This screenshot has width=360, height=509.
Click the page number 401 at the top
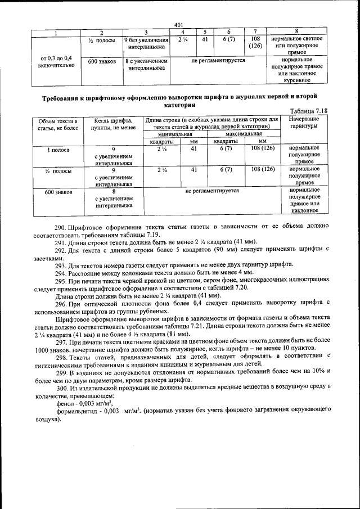click(179, 24)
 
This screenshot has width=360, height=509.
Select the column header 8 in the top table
click(296, 31)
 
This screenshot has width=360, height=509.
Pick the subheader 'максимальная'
click(243, 134)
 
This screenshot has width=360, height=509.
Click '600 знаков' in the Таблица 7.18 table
click(56, 192)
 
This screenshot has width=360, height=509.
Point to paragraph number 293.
click(60, 264)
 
